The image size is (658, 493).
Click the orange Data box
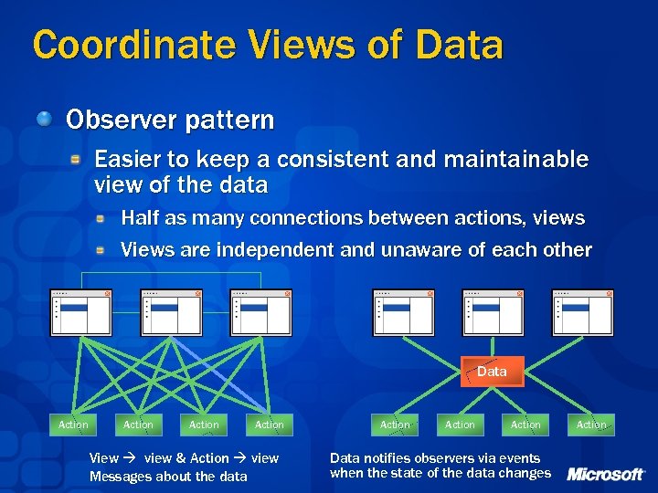point(492,372)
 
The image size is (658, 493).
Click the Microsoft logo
point(606,474)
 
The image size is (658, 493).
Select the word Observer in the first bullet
point(116,120)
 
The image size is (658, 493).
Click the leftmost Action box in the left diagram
point(73,425)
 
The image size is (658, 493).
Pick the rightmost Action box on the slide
point(591,425)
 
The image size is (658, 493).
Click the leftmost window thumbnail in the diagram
point(80,312)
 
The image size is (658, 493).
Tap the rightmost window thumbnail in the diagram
point(584,312)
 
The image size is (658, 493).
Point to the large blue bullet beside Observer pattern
point(45,118)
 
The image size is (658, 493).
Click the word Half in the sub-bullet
point(140,218)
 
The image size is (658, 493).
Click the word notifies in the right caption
point(385,458)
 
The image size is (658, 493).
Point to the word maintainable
point(515,160)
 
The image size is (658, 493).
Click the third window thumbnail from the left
point(260,312)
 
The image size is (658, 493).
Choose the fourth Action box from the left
point(270,425)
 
